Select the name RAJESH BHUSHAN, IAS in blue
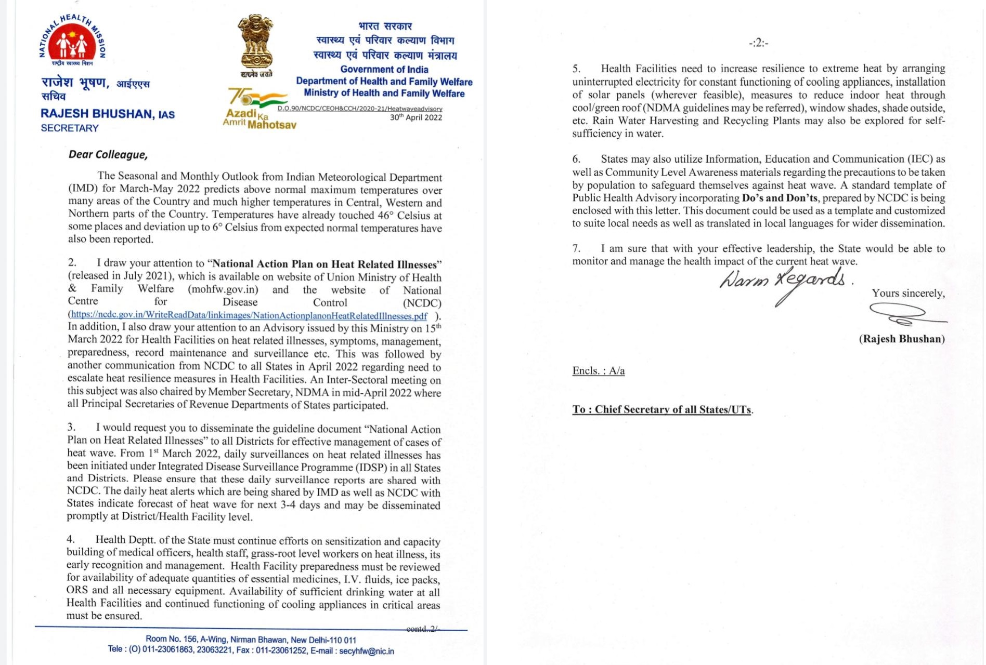click(x=108, y=114)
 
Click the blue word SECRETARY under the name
click(x=70, y=128)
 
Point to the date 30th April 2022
click(x=416, y=117)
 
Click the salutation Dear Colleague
click(x=108, y=155)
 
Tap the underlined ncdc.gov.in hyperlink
click(x=249, y=315)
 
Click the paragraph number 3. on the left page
click(x=71, y=427)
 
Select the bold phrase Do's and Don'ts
click(x=779, y=198)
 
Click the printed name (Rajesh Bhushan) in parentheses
click(x=902, y=339)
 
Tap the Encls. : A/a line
click(x=598, y=370)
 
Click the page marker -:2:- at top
click(x=758, y=43)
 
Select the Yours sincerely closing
click(x=908, y=294)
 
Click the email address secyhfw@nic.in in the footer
click(x=367, y=651)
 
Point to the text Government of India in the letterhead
click(x=384, y=70)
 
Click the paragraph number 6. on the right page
click(x=576, y=159)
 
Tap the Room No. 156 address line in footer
click(x=251, y=640)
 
